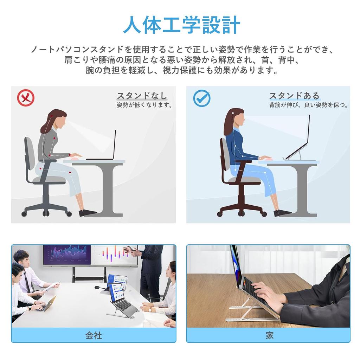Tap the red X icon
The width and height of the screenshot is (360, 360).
[x=26, y=98]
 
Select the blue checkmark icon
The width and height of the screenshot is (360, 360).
[x=201, y=99]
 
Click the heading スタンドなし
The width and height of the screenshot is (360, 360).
[x=142, y=96]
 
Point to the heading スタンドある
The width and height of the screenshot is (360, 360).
[x=294, y=96]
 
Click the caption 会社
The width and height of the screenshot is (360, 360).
[x=94, y=335]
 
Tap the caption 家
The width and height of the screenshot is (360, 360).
[x=269, y=335]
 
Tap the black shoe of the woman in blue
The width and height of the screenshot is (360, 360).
[x=282, y=213]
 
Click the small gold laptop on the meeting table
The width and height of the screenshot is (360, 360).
[x=46, y=304]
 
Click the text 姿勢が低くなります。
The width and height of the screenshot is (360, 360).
[x=144, y=105]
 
